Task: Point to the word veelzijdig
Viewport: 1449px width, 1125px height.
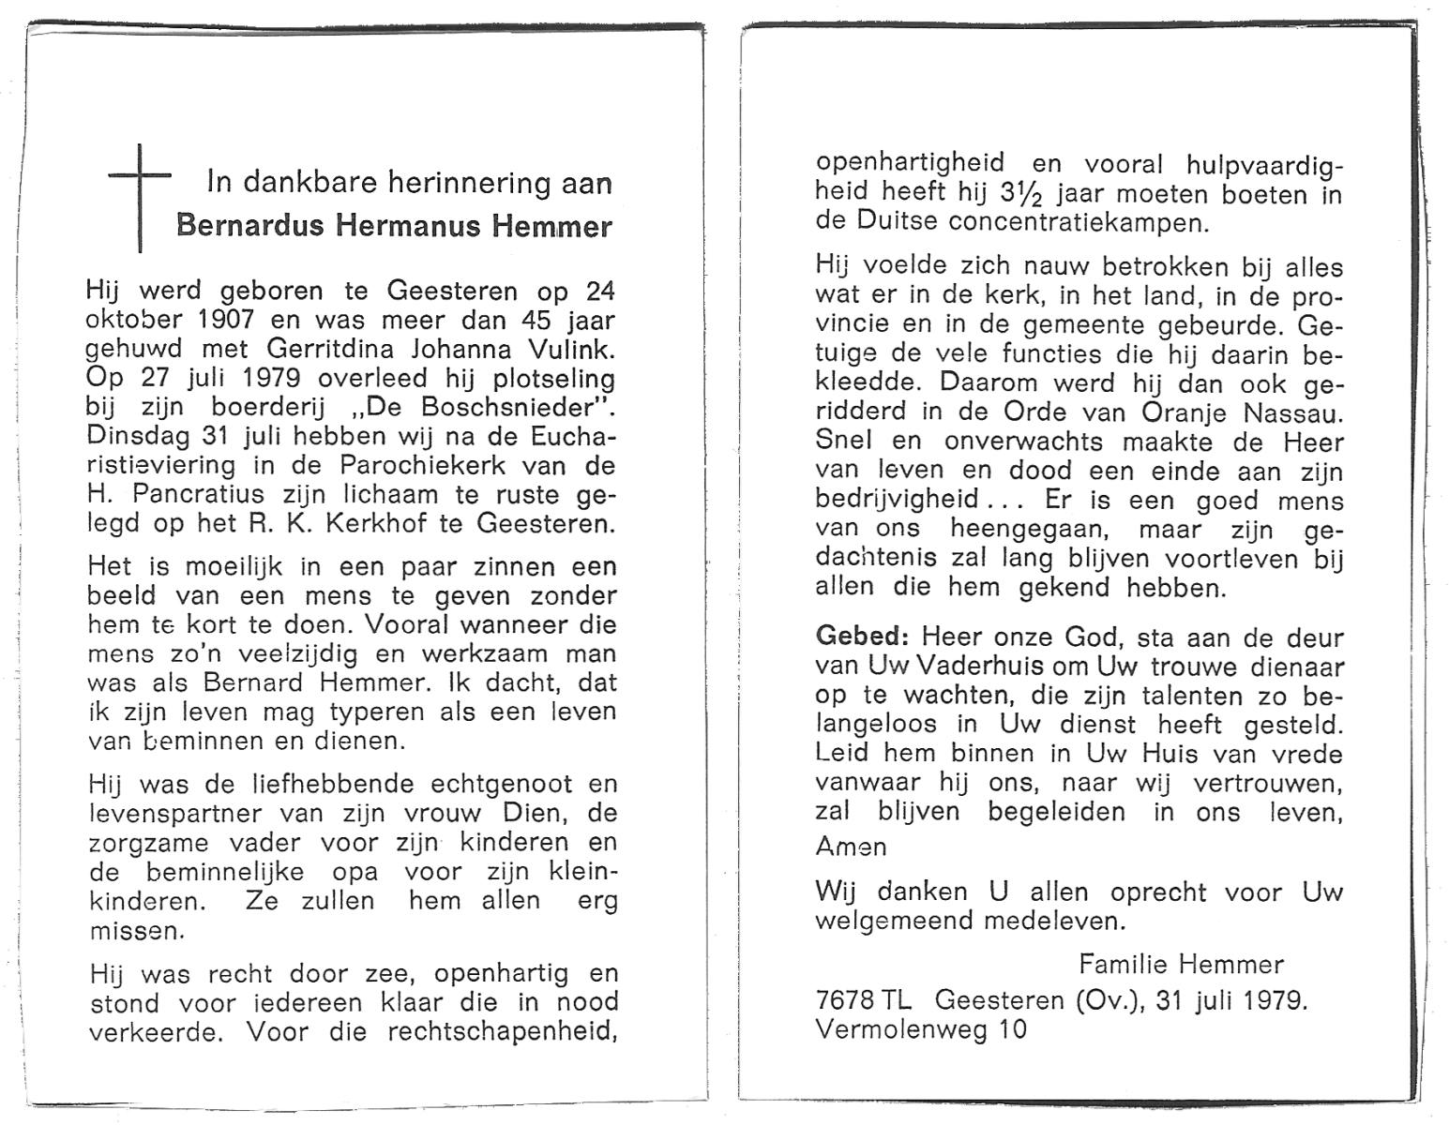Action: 296,653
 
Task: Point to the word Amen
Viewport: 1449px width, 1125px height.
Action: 851,847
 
